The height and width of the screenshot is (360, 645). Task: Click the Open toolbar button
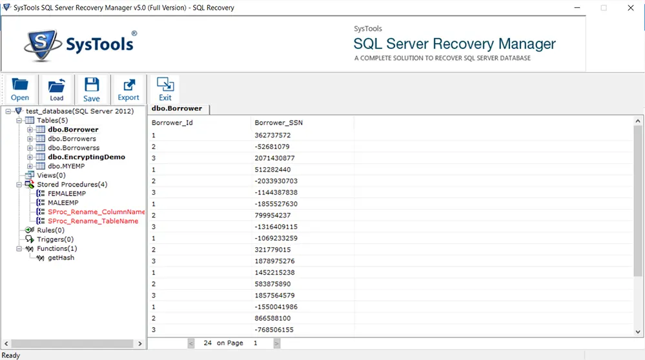(20, 89)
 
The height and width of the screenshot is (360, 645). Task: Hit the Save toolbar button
(91, 89)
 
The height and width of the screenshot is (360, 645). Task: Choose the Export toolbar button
(128, 89)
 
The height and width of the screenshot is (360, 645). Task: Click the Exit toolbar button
(165, 89)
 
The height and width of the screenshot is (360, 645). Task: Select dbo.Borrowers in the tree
(72, 139)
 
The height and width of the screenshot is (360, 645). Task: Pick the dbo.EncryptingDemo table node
(87, 157)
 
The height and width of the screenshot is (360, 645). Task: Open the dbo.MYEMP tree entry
(67, 166)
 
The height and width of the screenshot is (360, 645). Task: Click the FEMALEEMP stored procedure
(67, 194)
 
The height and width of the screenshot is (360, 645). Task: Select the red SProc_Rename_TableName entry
(93, 221)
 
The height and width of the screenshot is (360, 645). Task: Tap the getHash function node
(61, 257)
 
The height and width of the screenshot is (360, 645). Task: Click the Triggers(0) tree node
(55, 239)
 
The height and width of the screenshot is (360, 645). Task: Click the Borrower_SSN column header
(278, 123)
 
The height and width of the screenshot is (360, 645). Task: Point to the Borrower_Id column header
(172, 123)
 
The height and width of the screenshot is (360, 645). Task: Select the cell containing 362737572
(272, 135)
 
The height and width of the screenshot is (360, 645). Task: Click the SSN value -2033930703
(276, 181)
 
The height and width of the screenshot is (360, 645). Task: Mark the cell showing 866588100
(272, 318)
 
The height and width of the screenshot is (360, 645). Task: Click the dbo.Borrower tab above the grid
(177, 108)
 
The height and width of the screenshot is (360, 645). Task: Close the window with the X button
(631, 8)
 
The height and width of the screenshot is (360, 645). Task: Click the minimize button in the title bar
(577, 8)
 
